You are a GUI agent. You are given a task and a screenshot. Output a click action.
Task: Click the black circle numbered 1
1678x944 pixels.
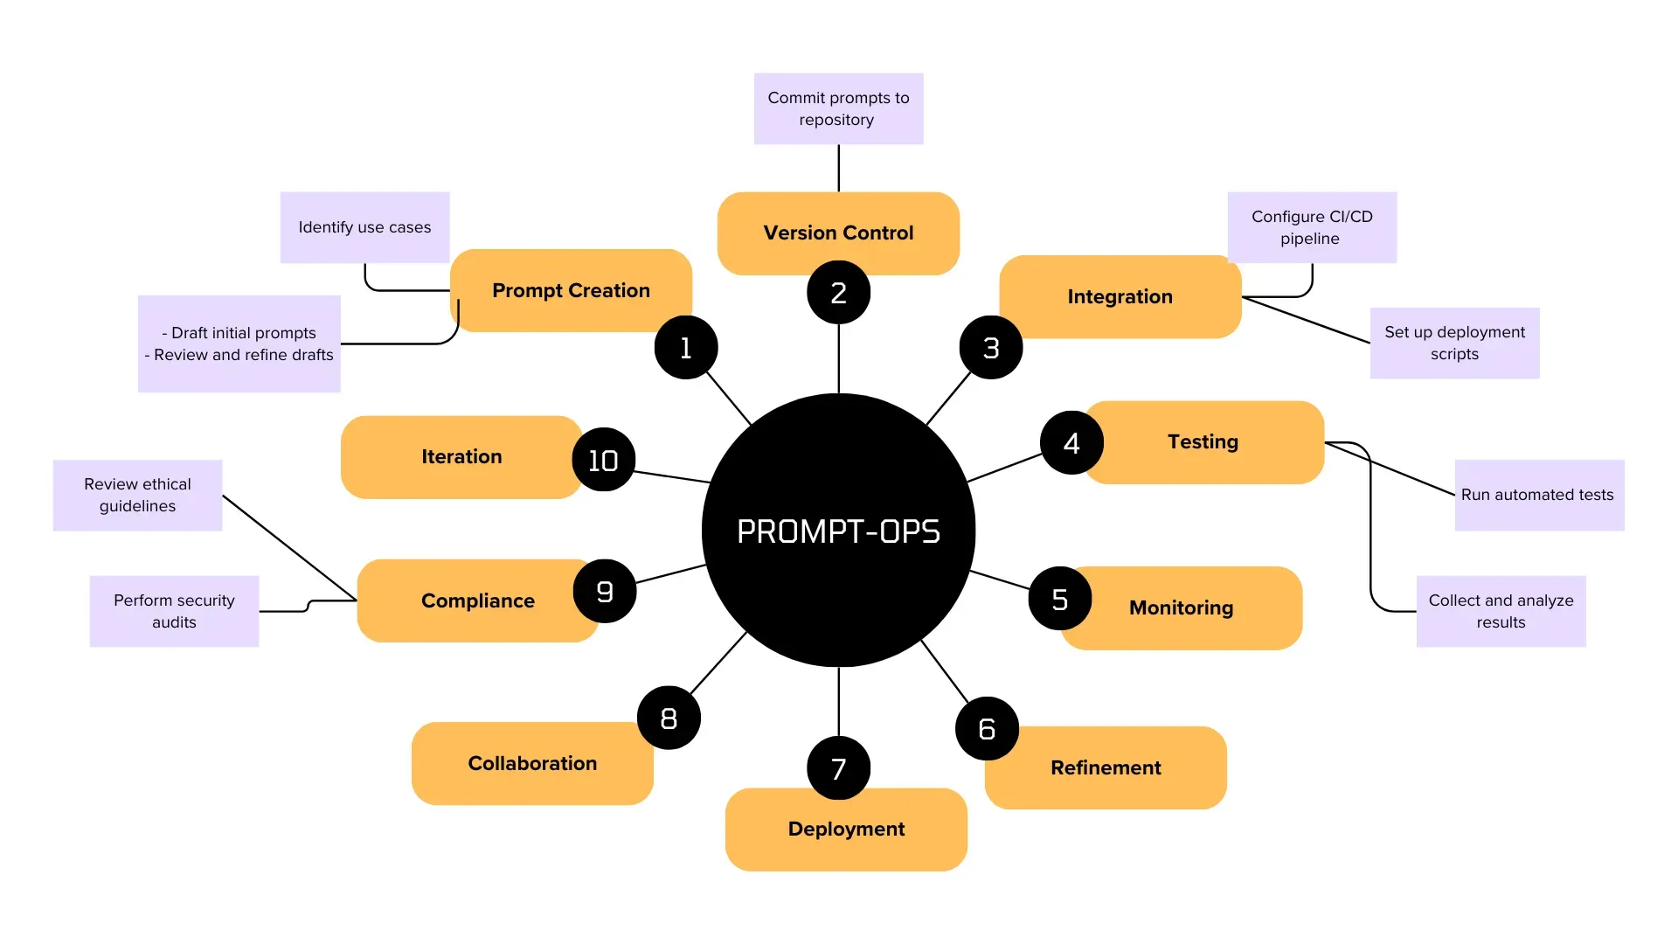tap(686, 348)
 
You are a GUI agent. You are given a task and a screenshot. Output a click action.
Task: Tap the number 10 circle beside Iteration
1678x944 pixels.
tap(603, 460)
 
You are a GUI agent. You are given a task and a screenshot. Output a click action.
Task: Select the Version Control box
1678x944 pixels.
tap(838, 233)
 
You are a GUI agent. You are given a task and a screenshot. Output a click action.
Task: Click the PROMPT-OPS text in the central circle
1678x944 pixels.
tap(838, 531)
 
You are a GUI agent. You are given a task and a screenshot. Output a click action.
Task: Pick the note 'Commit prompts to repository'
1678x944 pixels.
tap(838, 108)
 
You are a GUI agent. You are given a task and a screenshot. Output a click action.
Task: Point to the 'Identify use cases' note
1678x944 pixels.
tap(364, 227)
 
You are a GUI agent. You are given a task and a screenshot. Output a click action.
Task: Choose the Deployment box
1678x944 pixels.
tap(846, 829)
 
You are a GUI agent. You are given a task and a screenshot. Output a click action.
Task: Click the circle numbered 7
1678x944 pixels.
tap(838, 768)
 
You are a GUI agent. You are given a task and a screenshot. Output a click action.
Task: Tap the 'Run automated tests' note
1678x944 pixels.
tap(1538, 495)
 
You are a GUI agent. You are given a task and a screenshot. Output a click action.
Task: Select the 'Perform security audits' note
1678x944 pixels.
tap(174, 611)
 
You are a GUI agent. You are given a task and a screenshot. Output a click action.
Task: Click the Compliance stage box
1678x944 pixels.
tap(477, 601)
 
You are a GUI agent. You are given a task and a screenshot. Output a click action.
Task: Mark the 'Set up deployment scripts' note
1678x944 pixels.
tap(1454, 343)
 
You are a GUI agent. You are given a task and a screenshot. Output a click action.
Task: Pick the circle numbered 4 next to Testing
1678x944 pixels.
tap(1071, 443)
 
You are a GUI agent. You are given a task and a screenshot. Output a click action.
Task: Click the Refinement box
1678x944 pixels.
tap(1106, 768)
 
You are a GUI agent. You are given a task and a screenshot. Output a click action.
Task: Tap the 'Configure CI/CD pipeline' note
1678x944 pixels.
tap(1311, 227)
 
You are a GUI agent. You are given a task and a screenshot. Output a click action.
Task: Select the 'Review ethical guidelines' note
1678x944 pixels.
tap(137, 495)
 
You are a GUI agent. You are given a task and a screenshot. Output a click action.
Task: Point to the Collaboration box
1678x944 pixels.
tap(532, 764)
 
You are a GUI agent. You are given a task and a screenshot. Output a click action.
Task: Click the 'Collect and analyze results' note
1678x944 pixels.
tap(1501, 611)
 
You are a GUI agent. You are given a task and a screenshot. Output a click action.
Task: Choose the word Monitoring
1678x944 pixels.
tap(1181, 608)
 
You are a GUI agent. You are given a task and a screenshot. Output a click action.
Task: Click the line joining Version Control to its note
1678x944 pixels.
tap(838, 168)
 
